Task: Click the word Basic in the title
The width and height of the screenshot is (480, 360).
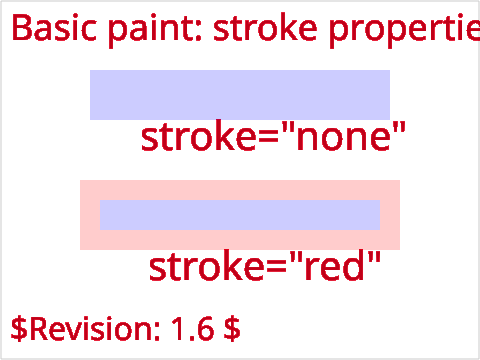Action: [x=54, y=28]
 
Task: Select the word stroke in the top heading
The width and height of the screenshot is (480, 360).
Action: [x=265, y=28]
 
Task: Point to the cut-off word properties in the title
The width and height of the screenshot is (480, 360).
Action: [x=404, y=31]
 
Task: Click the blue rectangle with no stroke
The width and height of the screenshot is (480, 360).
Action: [x=240, y=95]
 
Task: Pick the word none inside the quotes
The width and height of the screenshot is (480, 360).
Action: [x=343, y=138]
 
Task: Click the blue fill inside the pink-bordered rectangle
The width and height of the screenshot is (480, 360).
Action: [x=240, y=215]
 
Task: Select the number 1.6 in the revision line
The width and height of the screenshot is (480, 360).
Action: [x=193, y=328]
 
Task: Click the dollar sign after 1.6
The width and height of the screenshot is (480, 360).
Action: [x=232, y=329]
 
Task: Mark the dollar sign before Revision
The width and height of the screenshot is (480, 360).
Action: [x=19, y=329]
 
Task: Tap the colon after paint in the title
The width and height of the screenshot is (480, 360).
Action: [x=198, y=32]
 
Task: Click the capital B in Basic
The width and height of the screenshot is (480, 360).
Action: [x=21, y=28]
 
